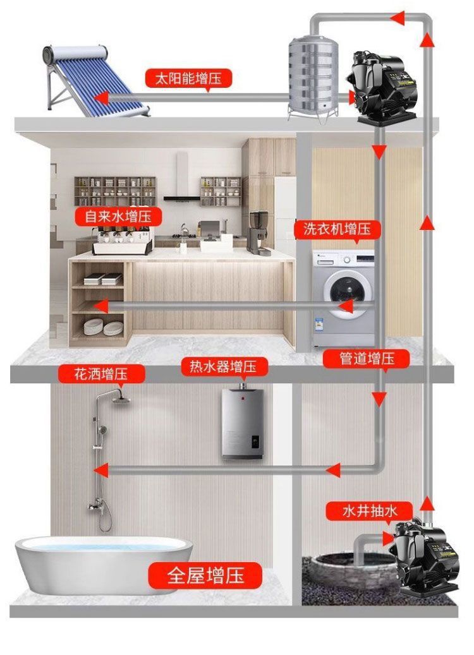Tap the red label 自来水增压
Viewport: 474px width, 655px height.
coord(118,217)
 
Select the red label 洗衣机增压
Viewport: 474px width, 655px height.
coord(337,229)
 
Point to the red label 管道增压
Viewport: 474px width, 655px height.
coord(367,358)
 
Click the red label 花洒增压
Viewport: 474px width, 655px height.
coord(101,373)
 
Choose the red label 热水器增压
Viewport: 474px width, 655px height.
coord(224,366)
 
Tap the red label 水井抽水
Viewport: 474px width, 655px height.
coord(370,510)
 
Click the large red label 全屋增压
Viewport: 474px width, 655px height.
coord(205,575)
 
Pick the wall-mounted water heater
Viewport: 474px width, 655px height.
coord(242,422)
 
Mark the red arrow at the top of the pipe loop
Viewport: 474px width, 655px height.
coord(398,18)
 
